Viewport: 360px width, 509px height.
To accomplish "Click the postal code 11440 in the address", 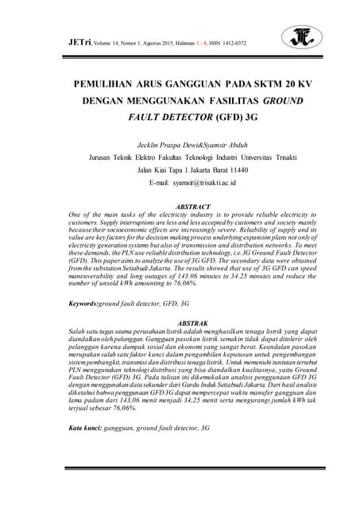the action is coord(211,169).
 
